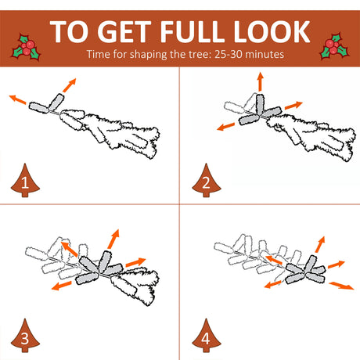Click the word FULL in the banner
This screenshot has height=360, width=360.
tap(192, 31)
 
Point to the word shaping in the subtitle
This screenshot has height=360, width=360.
tap(148, 55)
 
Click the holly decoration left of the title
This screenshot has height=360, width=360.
tap(26, 47)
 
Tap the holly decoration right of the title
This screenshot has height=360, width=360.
tap(335, 46)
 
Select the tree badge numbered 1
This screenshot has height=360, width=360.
tap(25, 181)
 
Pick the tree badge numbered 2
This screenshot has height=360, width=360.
tap(207, 181)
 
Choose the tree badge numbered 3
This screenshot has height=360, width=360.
tap(25, 336)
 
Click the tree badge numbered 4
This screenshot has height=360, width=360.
tap(207, 336)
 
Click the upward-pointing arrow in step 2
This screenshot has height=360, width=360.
tap(260, 81)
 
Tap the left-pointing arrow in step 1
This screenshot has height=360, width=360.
tap(17, 99)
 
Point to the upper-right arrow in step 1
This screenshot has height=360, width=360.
tap(70, 85)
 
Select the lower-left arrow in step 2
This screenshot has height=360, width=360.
tap(226, 127)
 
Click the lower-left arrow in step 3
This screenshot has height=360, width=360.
tap(62, 286)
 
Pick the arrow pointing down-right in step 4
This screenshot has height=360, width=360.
tap(341, 286)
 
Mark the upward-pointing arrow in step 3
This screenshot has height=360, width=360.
tap(113, 239)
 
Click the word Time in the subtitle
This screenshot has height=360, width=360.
tap(99, 54)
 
